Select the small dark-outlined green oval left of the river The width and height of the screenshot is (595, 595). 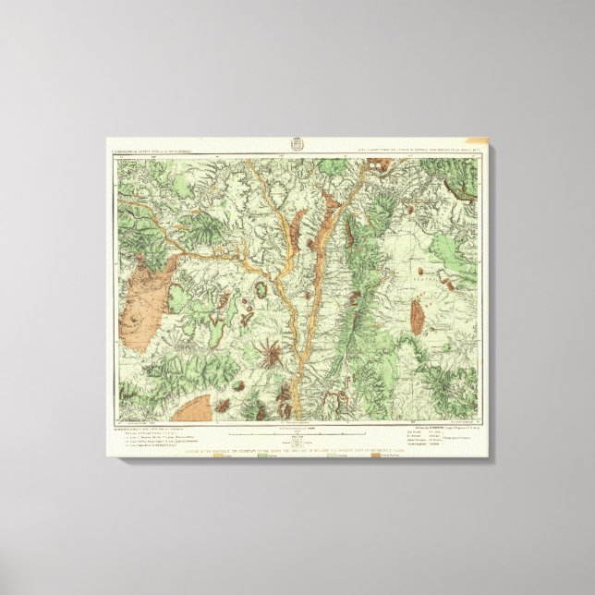pos(261,268)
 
